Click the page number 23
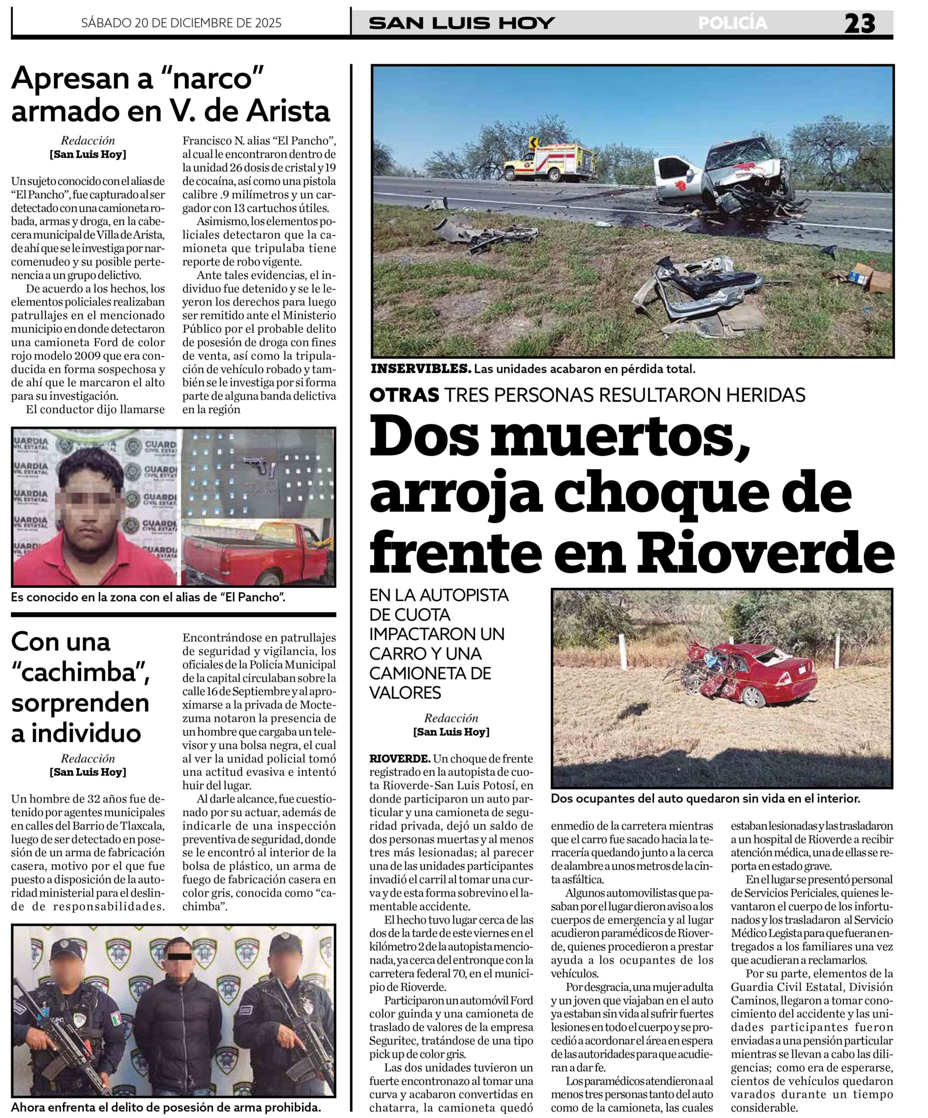(x=859, y=24)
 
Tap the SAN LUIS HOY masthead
(x=462, y=24)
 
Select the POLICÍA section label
(x=733, y=24)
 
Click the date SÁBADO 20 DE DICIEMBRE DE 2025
(x=181, y=23)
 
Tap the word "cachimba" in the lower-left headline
(x=80, y=673)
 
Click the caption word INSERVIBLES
(x=421, y=369)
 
